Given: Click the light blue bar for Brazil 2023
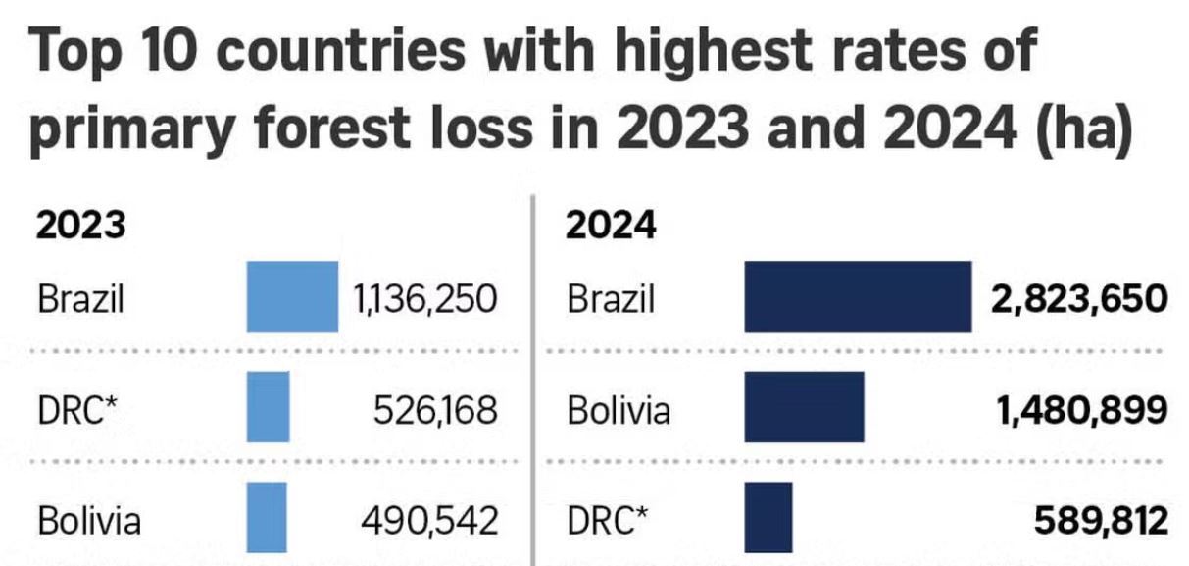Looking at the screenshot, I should [x=292, y=296].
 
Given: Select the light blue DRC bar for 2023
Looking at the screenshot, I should [x=268, y=406].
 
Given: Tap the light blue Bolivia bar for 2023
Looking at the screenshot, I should [x=267, y=517].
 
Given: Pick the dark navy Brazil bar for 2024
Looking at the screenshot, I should [x=858, y=296].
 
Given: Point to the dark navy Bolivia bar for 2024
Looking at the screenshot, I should [x=804, y=406].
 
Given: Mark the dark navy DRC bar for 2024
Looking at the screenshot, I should [x=768, y=517].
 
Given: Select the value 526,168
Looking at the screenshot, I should [x=435, y=408].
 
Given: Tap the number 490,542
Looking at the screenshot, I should [x=431, y=519].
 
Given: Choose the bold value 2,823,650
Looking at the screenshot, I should [x=1079, y=297].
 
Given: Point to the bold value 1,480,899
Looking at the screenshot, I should [x=1082, y=408].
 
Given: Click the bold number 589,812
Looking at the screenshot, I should [x=1101, y=519].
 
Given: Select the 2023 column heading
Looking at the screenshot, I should [x=81, y=226].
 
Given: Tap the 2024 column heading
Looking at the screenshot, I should [x=611, y=226].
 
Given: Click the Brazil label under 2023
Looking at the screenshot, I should [x=80, y=297].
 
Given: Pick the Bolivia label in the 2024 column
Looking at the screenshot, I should [x=619, y=408].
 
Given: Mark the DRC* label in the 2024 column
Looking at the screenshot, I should [x=607, y=519].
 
